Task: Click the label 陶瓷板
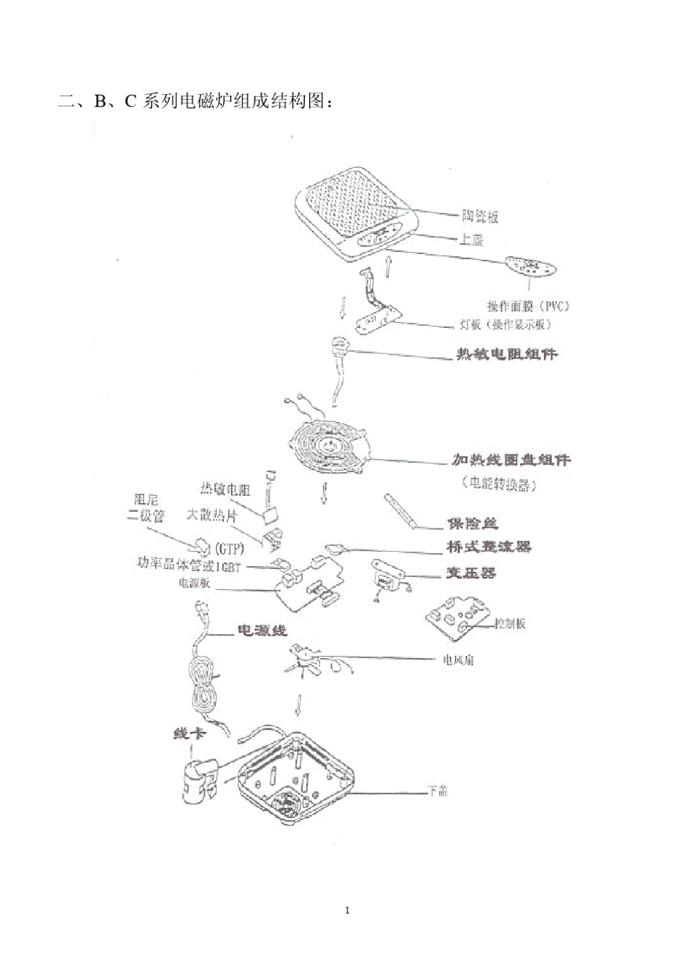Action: tap(480, 216)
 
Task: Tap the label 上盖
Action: tap(471, 239)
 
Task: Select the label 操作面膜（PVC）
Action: tap(528, 306)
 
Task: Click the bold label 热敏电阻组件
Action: tap(506, 354)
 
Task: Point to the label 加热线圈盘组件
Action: tap(511, 460)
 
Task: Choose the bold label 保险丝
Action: tap(472, 523)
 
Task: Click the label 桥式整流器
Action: tap(489, 547)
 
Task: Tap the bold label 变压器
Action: tap(471, 573)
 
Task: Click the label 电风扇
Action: tap(458, 660)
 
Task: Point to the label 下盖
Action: tap(437, 791)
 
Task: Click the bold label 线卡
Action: tap(190, 734)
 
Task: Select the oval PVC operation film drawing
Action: tap(532, 267)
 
